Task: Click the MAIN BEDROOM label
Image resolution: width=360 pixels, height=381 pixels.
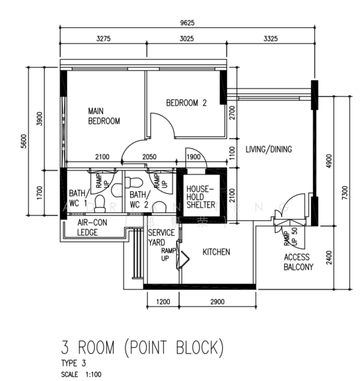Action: click(103, 116)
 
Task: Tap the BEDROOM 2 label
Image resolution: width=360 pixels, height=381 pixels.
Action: click(187, 103)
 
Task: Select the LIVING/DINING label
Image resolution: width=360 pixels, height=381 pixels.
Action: click(269, 150)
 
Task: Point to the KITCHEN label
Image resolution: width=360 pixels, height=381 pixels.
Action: click(216, 252)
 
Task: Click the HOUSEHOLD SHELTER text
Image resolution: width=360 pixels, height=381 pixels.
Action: click(201, 196)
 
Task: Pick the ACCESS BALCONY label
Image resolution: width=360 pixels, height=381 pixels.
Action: click(298, 262)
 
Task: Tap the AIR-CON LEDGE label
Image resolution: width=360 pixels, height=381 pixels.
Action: click(91, 228)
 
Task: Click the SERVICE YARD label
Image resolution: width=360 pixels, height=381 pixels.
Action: click(161, 237)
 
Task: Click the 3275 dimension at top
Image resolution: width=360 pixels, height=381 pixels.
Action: click(103, 39)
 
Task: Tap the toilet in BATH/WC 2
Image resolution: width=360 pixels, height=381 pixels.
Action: click(159, 206)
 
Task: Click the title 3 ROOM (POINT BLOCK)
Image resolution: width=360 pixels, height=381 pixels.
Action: click(142, 347)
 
